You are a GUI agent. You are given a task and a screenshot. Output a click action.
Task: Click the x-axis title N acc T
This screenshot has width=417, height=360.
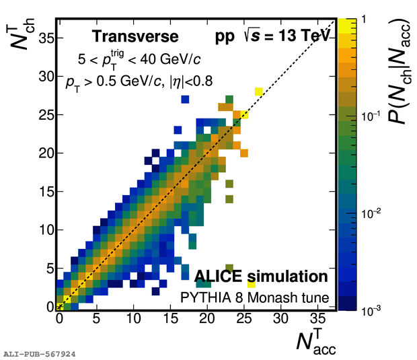(315, 340)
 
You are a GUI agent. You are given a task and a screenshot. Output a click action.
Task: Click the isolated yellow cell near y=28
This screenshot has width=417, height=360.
(259, 91)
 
